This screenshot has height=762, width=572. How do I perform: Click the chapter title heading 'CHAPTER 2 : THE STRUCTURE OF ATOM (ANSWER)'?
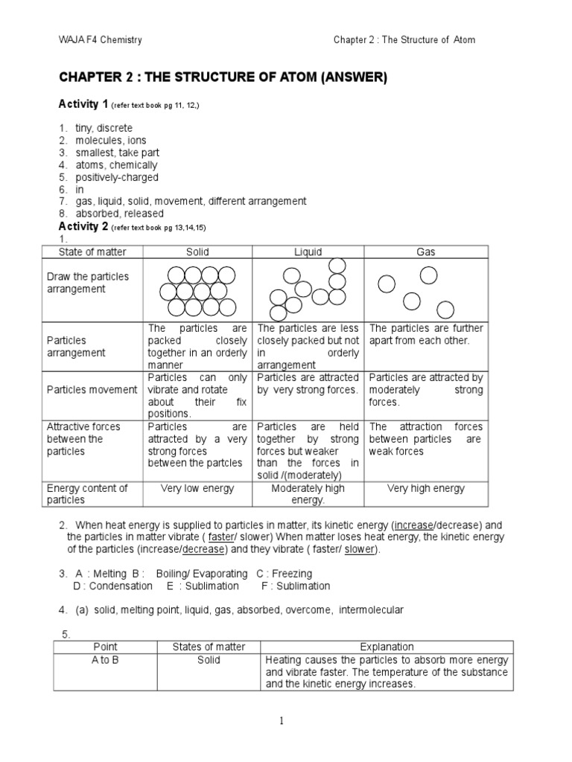point(223,78)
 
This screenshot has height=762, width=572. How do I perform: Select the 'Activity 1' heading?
point(83,104)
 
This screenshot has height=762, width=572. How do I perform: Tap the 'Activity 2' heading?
point(83,226)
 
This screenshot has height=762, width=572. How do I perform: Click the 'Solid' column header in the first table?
point(197,252)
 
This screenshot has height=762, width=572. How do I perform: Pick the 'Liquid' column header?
point(308,252)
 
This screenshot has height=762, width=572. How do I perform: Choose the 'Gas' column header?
point(426,252)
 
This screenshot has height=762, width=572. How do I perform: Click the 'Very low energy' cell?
point(197,488)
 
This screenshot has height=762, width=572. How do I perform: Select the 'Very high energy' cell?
point(426,488)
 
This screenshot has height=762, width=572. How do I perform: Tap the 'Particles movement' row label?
point(92,389)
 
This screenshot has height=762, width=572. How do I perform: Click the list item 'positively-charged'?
point(117,177)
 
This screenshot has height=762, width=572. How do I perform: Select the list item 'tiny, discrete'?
point(104,128)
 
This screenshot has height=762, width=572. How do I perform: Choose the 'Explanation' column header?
point(387,647)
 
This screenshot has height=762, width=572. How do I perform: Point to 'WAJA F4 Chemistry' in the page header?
point(100,39)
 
